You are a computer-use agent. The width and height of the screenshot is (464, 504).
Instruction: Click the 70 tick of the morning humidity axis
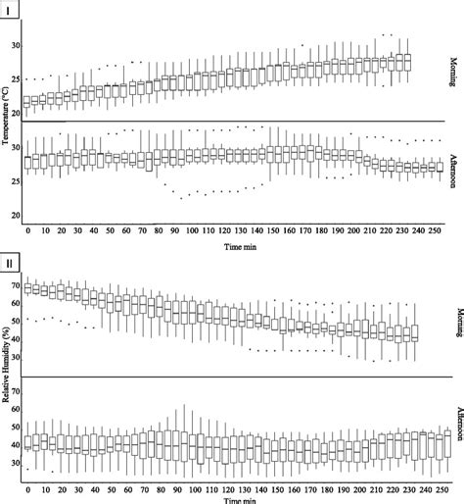[x=15, y=284]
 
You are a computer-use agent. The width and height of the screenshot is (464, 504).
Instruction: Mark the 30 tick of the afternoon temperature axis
[x=15, y=147]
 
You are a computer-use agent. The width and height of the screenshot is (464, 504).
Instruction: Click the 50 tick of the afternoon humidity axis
[x=15, y=427]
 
